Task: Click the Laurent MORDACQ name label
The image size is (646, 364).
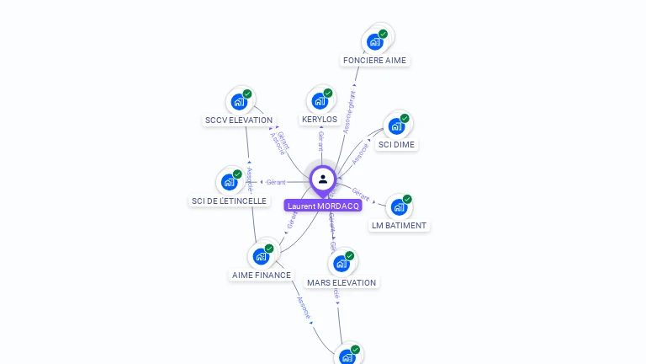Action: click(x=323, y=206)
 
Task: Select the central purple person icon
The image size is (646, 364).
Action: click(x=323, y=179)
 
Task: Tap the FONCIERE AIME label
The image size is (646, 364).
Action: click(x=374, y=61)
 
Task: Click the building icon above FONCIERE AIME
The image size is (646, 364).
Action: click(x=375, y=41)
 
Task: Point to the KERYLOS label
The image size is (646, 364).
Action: click(x=320, y=120)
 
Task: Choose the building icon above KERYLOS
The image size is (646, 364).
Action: click(x=320, y=101)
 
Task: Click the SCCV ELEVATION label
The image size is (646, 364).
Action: click(x=239, y=120)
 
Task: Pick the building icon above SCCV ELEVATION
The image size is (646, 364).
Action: click(x=239, y=102)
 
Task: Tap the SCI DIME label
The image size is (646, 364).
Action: click(x=397, y=145)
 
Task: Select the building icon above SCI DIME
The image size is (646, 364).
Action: click(x=396, y=126)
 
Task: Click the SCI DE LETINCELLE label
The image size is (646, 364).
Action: click(x=229, y=201)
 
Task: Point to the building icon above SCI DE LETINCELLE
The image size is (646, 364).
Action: click(x=229, y=182)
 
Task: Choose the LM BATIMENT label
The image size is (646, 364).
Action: click(x=399, y=226)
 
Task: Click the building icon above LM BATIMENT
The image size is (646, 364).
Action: click(x=399, y=206)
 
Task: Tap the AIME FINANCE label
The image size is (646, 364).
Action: click(x=261, y=276)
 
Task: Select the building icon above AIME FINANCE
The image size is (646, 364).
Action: click(x=261, y=256)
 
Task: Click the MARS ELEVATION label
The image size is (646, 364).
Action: click(x=342, y=283)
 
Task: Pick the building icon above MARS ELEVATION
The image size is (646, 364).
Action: click(x=342, y=264)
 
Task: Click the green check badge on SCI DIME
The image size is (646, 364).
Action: click(x=405, y=119)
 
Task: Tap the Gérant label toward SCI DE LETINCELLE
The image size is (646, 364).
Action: click(x=276, y=182)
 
